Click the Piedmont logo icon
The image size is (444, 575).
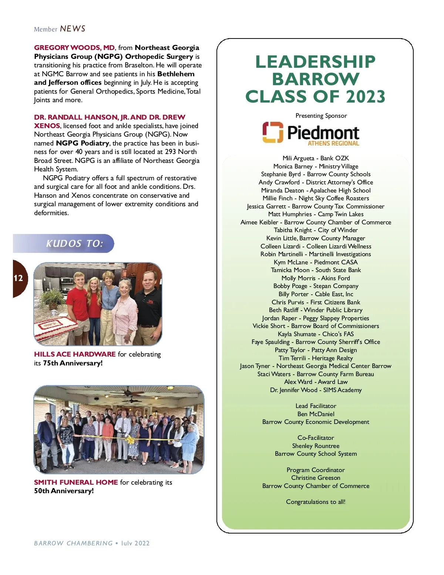(273, 132)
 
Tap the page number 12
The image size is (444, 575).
(18, 278)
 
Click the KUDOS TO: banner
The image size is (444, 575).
(74, 244)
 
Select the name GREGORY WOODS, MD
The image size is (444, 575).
(74, 48)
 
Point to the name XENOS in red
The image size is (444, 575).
(47, 126)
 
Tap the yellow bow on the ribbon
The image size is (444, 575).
(130, 440)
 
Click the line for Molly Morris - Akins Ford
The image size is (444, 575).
(316, 278)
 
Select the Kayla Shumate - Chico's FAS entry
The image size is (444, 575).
(316, 334)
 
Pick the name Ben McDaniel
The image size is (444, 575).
(316, 414)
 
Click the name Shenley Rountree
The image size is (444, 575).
(316, 446)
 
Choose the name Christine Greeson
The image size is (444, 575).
(316, 478)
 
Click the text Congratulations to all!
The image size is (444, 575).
(316, 502)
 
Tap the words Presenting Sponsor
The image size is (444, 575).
(321, 116)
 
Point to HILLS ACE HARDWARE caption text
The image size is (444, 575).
(75, 354)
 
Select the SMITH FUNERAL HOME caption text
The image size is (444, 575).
(76, 482)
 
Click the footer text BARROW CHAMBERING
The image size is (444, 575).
(73, 543)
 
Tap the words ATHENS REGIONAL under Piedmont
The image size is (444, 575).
(333, 143)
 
